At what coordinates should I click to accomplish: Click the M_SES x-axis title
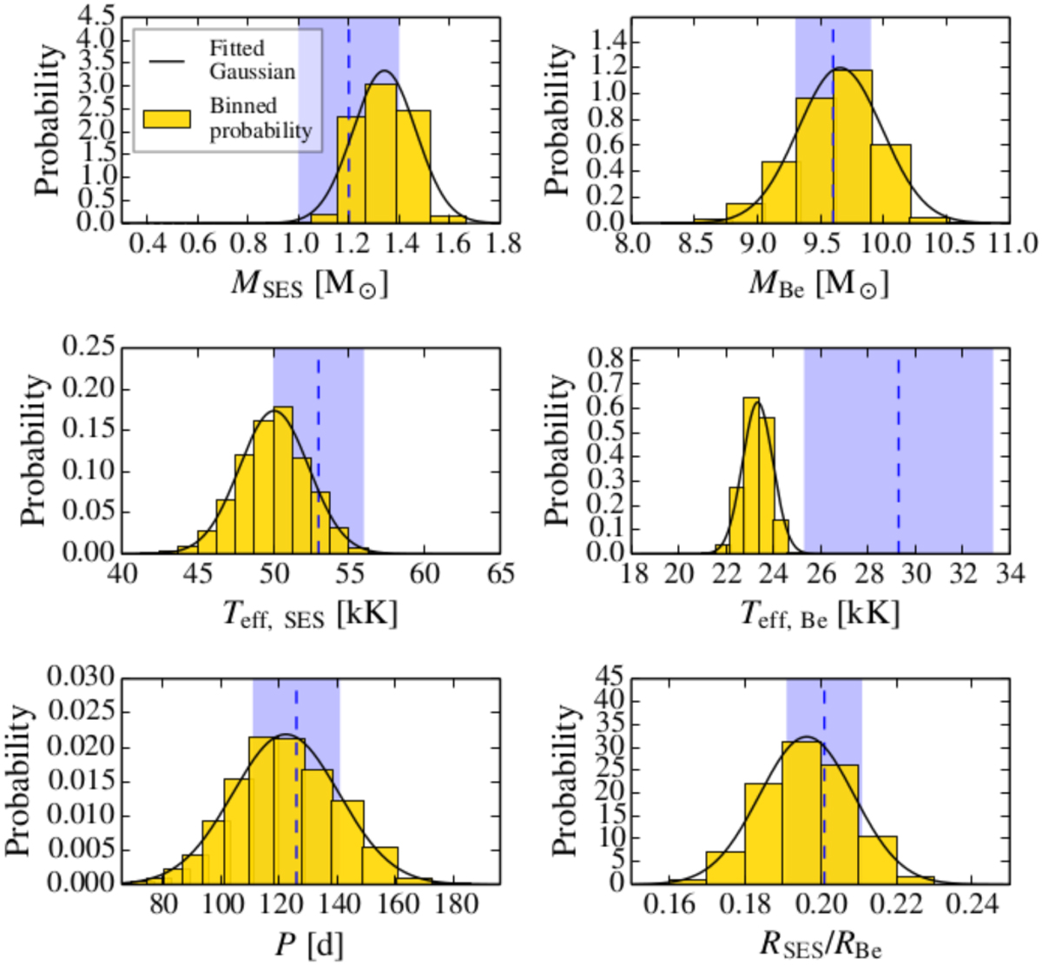[309, 284]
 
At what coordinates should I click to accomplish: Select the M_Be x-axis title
[819, 284]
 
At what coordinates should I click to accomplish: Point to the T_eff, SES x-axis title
[308, 615]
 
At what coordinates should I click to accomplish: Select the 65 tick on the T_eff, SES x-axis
[500, 575]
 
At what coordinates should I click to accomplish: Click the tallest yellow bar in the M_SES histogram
[381, 156]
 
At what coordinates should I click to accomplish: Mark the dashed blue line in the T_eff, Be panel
[898, 452]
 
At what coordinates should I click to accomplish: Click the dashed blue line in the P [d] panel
[296, 782]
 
